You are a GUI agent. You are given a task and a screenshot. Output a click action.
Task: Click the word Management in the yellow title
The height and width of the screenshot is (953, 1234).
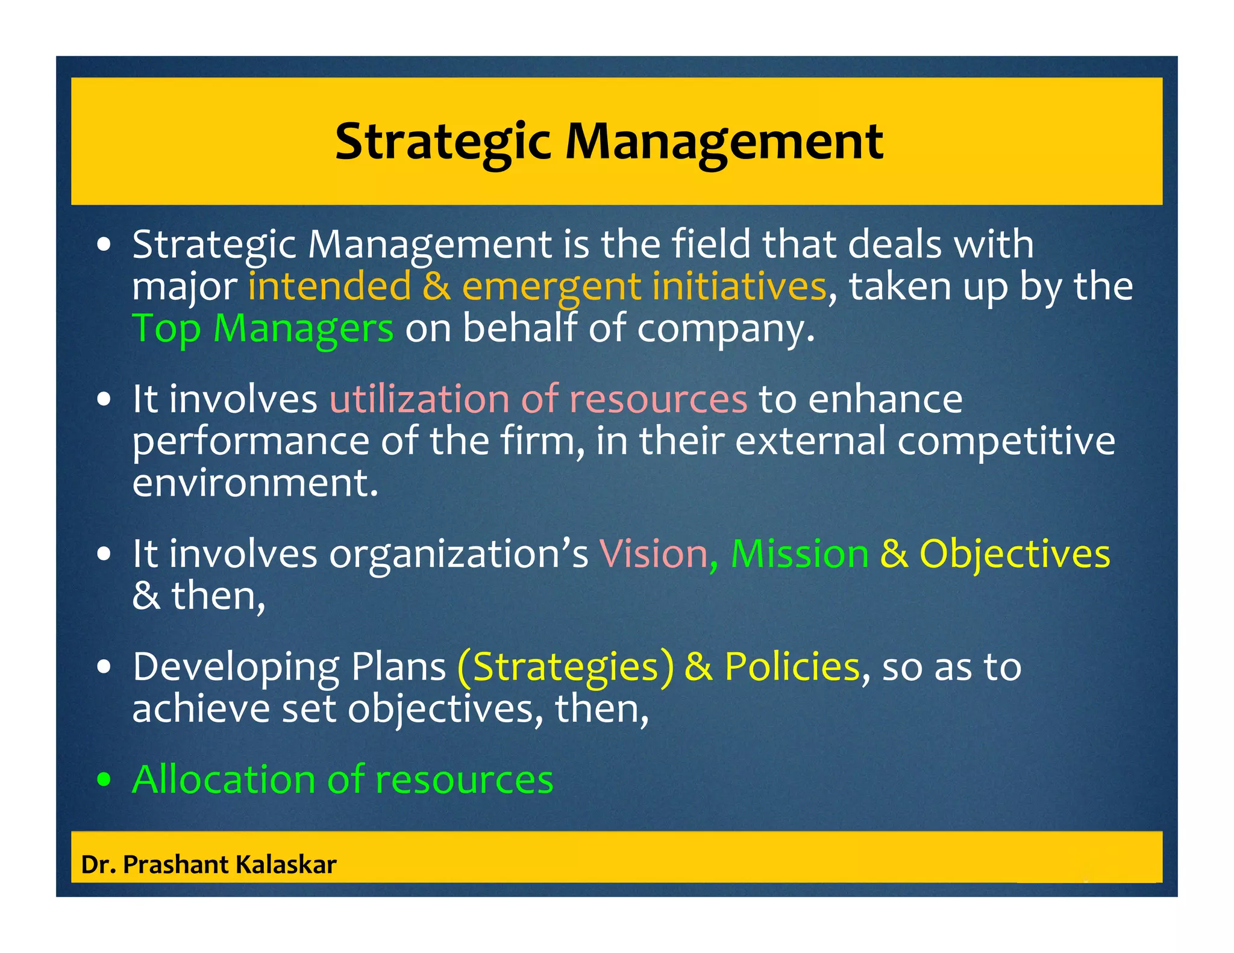(x=724, y=142)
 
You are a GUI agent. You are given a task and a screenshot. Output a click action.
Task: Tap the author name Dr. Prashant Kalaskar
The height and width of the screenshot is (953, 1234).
(x=208, y=864)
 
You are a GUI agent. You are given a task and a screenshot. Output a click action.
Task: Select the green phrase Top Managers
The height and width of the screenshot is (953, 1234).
(x=263, y=328)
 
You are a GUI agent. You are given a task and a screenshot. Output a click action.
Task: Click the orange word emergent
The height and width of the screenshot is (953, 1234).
(x=551, y=287)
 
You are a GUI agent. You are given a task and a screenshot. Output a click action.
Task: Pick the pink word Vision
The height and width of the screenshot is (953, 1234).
(x=653, y=554)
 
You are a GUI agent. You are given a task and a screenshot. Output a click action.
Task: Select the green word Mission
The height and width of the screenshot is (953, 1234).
(x=800, y=554)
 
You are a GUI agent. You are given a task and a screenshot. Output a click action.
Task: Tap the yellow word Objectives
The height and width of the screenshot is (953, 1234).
(x=1014, y=554)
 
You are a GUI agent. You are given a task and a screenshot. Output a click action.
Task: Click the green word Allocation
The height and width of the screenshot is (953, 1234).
(x=224, y=780)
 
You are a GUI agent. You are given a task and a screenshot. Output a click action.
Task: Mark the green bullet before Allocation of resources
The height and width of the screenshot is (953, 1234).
(x=104, y=780)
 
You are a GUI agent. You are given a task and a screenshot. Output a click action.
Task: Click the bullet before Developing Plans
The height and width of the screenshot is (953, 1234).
(x=104, y=667)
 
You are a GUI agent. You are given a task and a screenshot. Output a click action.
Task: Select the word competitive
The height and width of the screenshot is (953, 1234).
(x=1006, y=442)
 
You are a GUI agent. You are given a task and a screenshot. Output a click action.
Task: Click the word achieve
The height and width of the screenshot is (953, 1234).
(x=201, y=708)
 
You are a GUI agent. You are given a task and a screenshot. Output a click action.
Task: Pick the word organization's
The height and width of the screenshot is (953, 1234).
(x=459, y=555)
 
